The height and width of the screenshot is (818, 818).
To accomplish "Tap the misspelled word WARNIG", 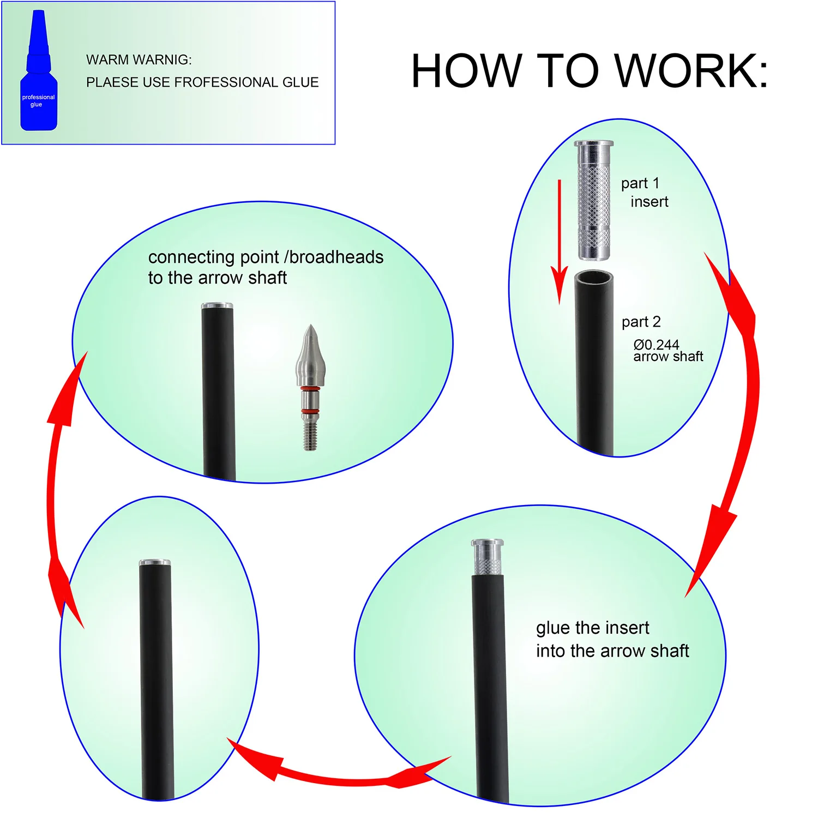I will (165, 60).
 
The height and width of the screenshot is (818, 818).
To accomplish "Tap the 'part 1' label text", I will (640, 183).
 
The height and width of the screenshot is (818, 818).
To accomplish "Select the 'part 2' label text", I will (641, 322).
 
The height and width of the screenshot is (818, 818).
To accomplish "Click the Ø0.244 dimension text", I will (656, 345).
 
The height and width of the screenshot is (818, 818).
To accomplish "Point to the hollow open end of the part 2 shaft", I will (594, 278).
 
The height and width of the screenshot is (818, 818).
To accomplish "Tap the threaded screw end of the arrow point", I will (310, 436).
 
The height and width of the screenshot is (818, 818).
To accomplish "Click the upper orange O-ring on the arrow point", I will (310, 389).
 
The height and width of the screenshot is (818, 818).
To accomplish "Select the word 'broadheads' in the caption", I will (336, 257).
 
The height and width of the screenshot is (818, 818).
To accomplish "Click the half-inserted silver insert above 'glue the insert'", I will (487, 556).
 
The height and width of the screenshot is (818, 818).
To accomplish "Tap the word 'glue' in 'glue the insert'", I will (553, 628).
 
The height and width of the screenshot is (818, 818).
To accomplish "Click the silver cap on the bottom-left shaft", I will (155, 563).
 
